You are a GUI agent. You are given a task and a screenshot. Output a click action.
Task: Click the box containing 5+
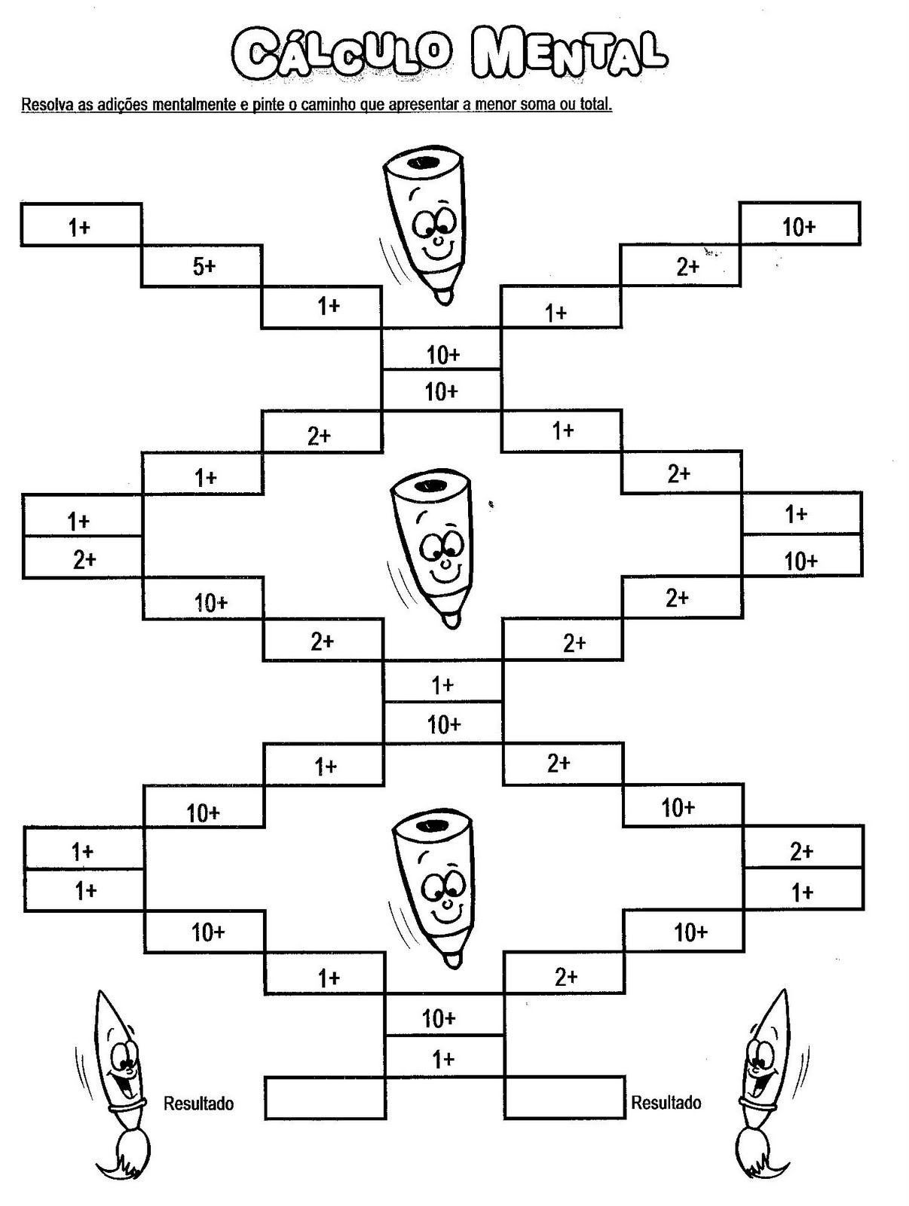[202, 266]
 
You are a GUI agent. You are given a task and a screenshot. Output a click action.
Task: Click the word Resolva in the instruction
[47, 104]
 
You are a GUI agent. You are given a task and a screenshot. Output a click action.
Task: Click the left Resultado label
[198, 1103]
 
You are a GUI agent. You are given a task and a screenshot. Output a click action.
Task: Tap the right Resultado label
[666, 1103]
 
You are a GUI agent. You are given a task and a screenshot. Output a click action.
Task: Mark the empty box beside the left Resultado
[325, 1099]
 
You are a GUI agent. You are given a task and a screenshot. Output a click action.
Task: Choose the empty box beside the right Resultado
[564, 1099]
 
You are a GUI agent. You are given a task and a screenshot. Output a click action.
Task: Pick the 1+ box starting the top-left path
[81, 225]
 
